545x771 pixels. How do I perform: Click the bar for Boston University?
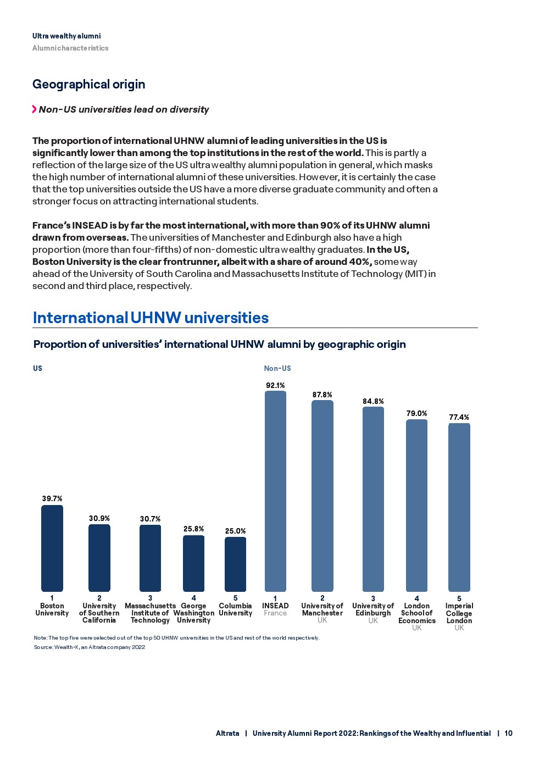(52, 548)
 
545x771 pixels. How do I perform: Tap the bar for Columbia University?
(235, 564)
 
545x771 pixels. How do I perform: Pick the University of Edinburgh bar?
(373, 499)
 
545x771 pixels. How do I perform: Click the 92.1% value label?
(275, 385)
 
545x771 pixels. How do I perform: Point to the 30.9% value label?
(99, 518)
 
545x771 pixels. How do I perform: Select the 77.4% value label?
(459, 417)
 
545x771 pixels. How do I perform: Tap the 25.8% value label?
(193, 529)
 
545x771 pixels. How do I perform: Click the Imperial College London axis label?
(459, 613)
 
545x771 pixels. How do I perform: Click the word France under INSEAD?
(275, 613)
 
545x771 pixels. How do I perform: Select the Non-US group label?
(277, 368)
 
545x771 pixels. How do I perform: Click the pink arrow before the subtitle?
(35, 109)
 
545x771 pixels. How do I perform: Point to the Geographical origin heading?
(89, 84)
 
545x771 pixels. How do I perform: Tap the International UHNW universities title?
(151, 318)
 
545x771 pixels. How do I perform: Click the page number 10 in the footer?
(508, 733)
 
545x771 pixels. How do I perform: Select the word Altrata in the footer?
(227, 733)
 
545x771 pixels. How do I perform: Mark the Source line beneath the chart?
(90, 647)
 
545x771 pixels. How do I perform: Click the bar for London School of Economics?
(416, 506)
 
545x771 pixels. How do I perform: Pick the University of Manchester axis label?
(322, 609)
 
